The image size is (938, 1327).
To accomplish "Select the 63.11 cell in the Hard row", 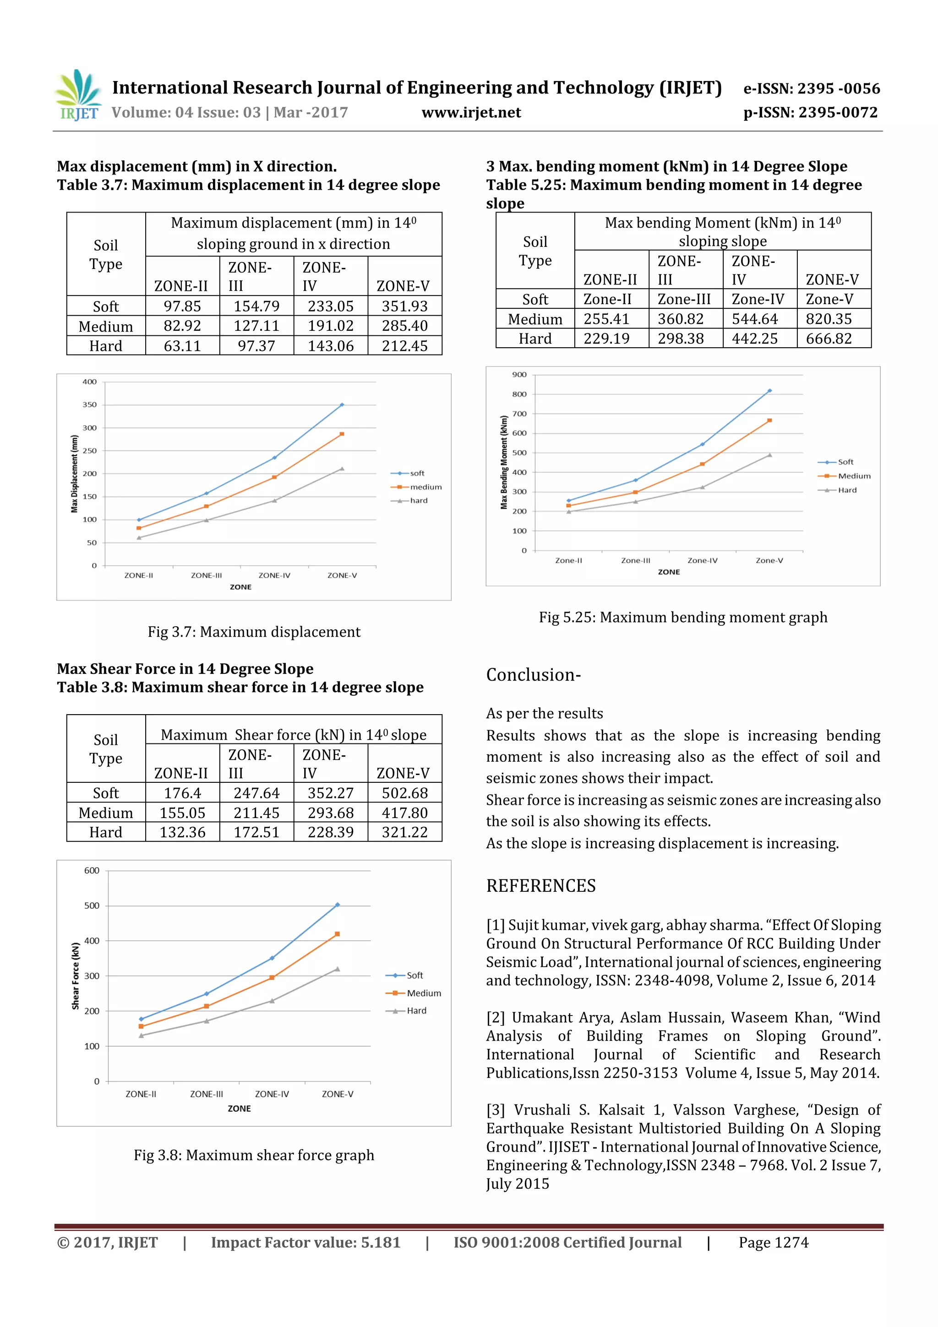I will click(x=182, y=346).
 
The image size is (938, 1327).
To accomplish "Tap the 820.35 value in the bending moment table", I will click(x=829, y=319).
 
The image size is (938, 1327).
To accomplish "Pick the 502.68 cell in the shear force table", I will click(x=404, y=793).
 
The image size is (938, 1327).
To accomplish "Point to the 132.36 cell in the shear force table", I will click(x=182, y=832).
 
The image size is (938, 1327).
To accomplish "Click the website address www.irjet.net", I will click(x=471, y=113).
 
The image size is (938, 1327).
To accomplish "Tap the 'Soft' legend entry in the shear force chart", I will click(x=414, y=975).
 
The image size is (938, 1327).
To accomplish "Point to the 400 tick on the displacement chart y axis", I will click(x=90, y=382).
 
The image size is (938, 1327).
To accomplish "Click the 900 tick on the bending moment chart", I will click(x=519, y=375).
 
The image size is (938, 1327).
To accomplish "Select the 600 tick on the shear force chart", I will click(x=92, y=870).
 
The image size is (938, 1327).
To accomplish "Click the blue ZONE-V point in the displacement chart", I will click(x=342, y=404).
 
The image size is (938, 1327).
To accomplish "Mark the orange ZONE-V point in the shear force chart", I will click(x=338, y=934).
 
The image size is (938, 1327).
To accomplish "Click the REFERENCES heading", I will click(x=540, y=886).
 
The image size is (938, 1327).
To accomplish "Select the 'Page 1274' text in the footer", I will click(x=773, y=1243).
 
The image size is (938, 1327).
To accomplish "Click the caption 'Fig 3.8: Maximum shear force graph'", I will click(x=254, y=1155).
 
